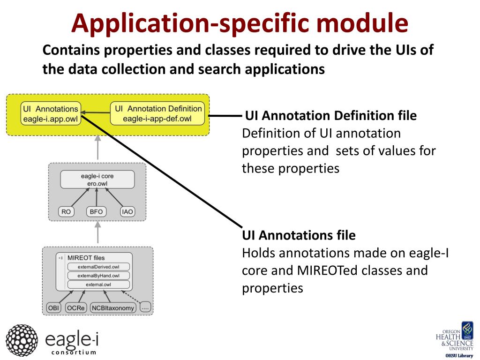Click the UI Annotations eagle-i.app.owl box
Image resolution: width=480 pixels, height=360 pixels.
(51, 114)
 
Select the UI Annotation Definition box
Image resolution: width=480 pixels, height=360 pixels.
(157, 114)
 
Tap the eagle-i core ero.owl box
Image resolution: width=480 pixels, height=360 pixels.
(97, 180)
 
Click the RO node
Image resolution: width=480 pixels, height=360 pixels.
(66, 212)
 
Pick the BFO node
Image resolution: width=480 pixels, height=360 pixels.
(96, 212)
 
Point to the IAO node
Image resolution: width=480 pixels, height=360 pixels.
(127, 212)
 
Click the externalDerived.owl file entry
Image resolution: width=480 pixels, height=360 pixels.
(98, 267)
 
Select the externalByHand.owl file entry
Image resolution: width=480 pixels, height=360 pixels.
(98, 276)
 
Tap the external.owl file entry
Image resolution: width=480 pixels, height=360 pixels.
(98, 285)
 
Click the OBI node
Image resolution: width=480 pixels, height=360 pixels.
(53, 308)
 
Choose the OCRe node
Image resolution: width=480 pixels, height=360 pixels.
(75, 308)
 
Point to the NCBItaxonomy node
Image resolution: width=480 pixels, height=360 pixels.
(113, 308)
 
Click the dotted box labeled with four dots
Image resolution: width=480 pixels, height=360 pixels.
(145, 308)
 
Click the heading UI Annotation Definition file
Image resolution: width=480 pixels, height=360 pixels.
(331, 115)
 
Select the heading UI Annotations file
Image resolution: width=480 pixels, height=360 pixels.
(299, 234)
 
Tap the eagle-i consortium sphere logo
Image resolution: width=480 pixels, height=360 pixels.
(22, 339)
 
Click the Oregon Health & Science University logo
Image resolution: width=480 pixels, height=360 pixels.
(454, 339)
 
